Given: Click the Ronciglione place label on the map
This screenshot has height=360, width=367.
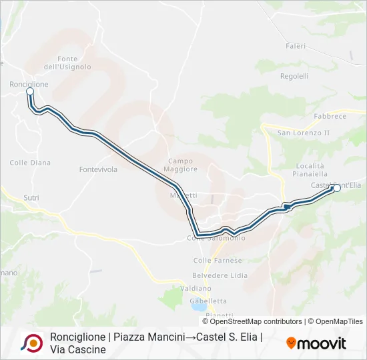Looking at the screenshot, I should (x=29, y=85).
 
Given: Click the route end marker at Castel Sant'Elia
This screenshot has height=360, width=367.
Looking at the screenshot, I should (x=336, y=188).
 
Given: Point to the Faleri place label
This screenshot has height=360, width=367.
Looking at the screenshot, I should (x=296, y=46).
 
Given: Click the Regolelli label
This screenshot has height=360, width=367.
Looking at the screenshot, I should (x=294, y=76).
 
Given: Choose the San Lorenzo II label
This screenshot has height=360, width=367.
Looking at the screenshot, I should (x=304, y=133).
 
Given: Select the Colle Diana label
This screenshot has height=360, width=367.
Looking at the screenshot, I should (x=30, y=163).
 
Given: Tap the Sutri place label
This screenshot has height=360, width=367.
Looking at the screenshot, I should (x=31, y=198).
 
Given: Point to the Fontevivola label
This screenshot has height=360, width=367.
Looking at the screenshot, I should (x=98, y=169).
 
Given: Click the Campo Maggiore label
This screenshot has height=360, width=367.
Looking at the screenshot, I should (x=182, y=165).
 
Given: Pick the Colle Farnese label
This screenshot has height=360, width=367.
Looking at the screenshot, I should (x=218, y=260).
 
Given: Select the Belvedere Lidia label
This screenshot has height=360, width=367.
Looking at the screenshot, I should (x=220, y=275).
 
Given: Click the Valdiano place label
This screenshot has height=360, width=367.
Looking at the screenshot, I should (x=196, y=288).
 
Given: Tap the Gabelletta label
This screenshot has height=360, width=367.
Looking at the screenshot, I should (x=208, y=301).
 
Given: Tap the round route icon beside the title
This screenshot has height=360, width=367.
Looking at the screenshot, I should (x=32, y=343).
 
